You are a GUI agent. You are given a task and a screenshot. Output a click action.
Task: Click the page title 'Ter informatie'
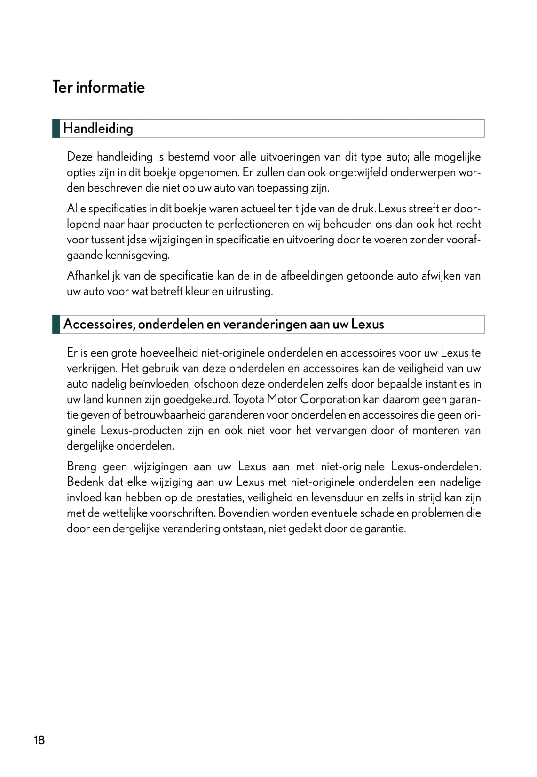pyautogui.click(x=99, y=87)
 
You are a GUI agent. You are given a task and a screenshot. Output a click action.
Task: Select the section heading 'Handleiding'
pyautogui.click(x=98, y=129)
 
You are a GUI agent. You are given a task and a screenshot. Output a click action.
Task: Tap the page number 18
pyautogui.click(x=39, y=740)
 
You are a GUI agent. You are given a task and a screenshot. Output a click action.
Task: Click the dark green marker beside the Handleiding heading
pyautogui.click(x=56, y=129)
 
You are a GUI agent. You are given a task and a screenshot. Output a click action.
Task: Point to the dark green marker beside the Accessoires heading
pyautogui.click(x=56, y=324)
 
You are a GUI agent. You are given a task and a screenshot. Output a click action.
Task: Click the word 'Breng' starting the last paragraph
pyautogui.click(x=81, y=466)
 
